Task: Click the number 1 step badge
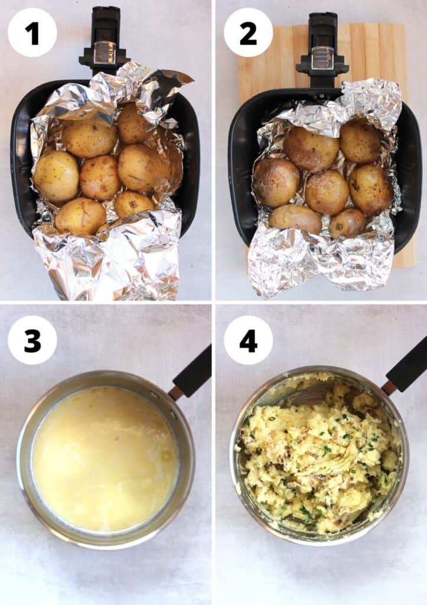pos(32,32)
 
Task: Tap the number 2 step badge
pos(248,32)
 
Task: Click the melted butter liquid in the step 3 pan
pos(104,458)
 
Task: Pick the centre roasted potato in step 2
pos(327,192)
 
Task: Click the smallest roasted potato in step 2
pos(347,223)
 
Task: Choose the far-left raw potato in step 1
pos(56,176)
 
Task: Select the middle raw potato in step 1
pos(100,177)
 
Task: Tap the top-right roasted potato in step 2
pos(360,141)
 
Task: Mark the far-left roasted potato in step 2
pos(276,182)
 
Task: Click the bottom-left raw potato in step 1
pos(80,216)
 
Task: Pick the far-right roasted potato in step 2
pos(370,189)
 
